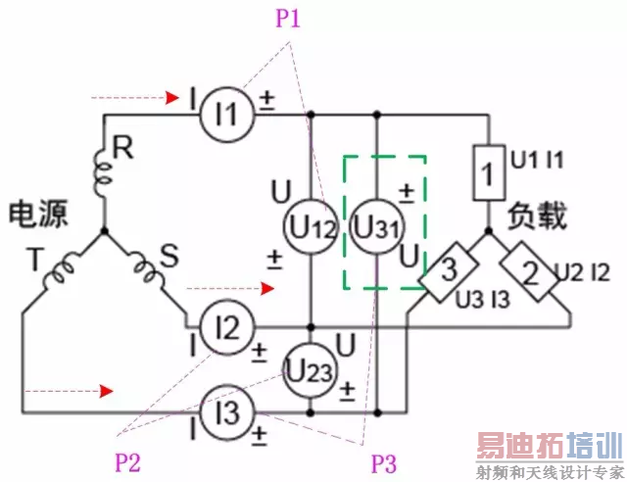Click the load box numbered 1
(489, 172)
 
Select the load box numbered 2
(529, 271)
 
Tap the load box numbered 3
(449, 271)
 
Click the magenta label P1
(287, 18)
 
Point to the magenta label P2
(127, 462)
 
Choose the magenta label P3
(383, 463)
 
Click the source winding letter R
(122, 147)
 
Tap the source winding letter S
(169, 256)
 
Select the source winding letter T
(34, 259)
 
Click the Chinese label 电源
(38, 215)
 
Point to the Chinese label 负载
(538, 216)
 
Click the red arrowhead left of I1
(172, 98)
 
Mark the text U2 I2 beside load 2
(582, 273)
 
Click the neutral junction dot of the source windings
(105, 231)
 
